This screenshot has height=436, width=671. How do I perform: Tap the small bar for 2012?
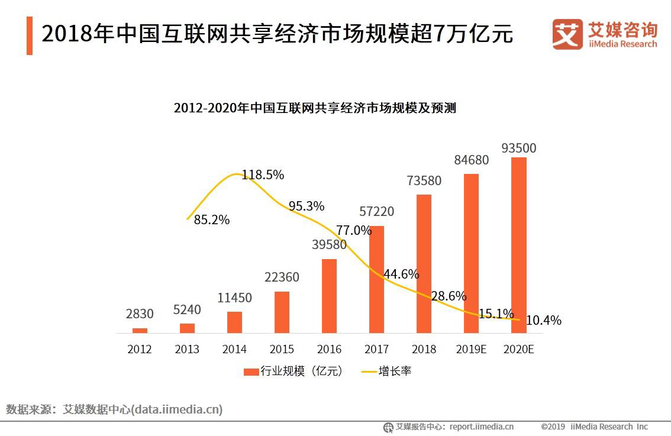click(140, 330)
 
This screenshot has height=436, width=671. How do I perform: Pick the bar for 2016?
click(329, 296)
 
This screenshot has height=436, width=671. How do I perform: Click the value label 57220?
click(376, 212)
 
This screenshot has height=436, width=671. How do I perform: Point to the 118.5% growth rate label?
click(263, 175)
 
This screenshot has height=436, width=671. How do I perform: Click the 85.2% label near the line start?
click(212, 220)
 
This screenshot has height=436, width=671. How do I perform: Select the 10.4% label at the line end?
click(543, 321)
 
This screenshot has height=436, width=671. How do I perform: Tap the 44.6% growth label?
click(401, 274)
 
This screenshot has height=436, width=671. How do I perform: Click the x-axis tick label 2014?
click(234, 349)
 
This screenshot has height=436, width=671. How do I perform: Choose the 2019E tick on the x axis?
click(471, 349)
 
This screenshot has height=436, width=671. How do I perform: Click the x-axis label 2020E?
click(518, 349)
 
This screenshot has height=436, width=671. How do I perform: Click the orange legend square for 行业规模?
click(251, 372)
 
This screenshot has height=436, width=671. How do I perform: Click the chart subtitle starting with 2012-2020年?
click(315, 108)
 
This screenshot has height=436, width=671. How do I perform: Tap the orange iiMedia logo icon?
click(567, 34)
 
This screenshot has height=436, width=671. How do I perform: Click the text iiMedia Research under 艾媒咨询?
click(622, 44)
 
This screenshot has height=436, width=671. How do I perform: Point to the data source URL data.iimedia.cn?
click(177, 409)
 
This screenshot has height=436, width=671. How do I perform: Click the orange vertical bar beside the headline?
click(30, 35)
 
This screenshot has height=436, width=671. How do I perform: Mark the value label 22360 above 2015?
click(282, 277)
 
